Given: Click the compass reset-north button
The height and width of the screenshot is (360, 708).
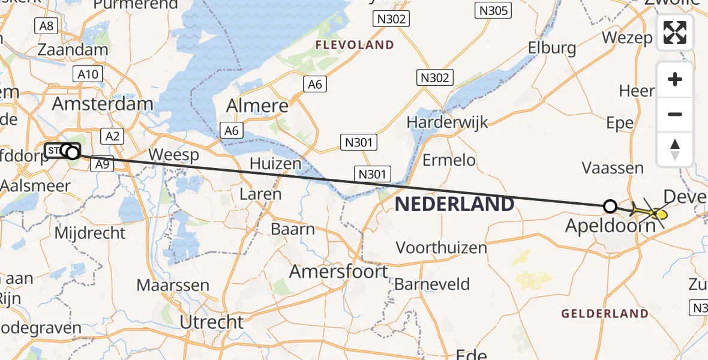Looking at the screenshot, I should coord(675,149).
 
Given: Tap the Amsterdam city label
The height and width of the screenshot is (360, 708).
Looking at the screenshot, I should coord(103,104).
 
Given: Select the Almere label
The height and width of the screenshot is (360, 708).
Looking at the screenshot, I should coord(257,106).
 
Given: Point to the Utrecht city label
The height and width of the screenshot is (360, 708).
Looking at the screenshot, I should coord(212,322).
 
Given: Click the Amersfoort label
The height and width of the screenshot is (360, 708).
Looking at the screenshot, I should coord(338,272).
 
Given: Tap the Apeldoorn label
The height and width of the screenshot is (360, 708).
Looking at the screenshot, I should coord(611,226).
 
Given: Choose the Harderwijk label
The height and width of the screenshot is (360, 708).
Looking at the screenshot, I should coord(448,122).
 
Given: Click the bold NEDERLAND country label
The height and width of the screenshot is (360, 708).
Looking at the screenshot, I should coord(455,204).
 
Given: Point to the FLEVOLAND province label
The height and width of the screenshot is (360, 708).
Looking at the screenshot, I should coord(355,45).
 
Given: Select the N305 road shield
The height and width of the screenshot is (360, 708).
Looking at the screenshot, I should coord(493,10).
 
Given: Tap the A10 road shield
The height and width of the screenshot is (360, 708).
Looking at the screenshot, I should coord(88,74).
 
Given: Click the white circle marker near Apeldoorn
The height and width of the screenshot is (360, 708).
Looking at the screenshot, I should coord(610,206).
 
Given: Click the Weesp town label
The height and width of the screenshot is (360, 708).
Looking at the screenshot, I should coord(173,155).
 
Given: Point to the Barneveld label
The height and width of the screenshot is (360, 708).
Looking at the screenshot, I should coord(432,284).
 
